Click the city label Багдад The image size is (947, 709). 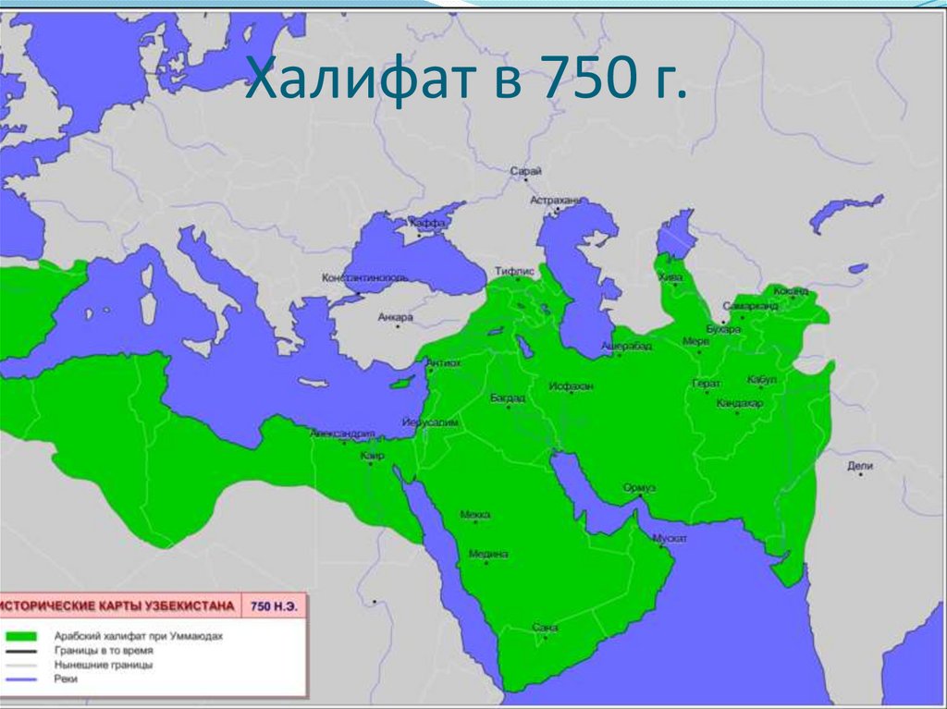tap(508, 397)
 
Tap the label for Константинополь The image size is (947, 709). tap(365, 277)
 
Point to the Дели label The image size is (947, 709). tap(859, 466)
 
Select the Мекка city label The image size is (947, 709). tap(474, 514)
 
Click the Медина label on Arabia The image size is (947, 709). tap(488, 554)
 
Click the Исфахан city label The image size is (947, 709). tap(571, 385)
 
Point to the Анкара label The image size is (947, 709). tap(395, 317)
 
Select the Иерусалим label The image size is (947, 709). tap(431, 422)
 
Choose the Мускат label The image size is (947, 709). tap(670, 537)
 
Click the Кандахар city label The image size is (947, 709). tap(740, 404)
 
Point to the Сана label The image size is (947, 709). tap(546, 628)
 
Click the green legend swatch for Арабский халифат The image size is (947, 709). tap(20, 637)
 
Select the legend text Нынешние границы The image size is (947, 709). tap(104, 665)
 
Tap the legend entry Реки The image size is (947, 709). tap(67, 678)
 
